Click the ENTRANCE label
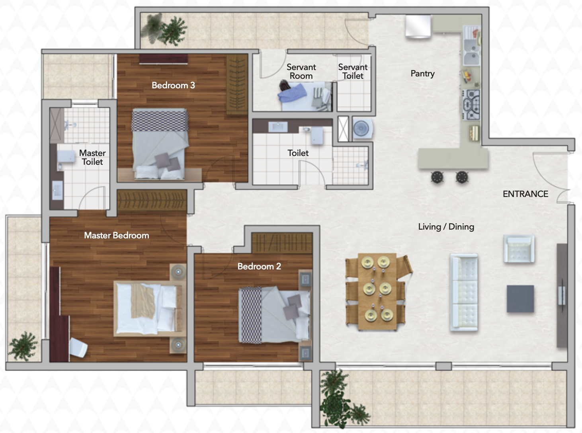(525, 194)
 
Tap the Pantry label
(422, 74)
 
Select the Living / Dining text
(446, 227)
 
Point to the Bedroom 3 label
(173, 85)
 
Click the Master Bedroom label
(117, 235)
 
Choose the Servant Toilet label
(353, 71)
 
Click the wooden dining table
(377, 291)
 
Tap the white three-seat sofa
(464, 293)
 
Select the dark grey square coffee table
(520, 299)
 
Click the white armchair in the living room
(519, 249)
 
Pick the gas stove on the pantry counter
(471, 105)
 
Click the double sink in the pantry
(471, 52)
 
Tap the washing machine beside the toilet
(363, 129)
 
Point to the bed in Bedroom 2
(275, 315)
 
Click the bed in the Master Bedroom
(150, 308)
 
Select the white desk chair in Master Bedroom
(78, 347)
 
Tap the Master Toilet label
(92, 157)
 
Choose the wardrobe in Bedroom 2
(282, 243)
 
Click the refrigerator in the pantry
(418, 26)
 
